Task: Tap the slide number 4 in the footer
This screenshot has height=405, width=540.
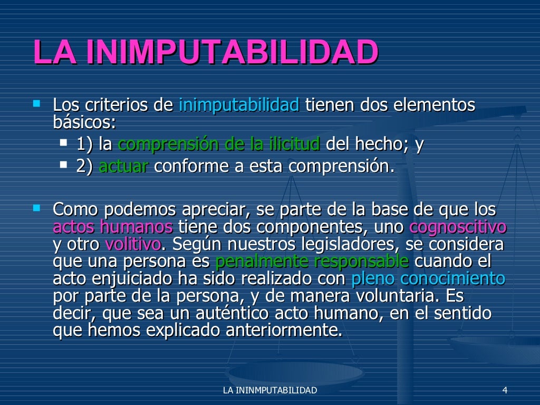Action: pos(505,390)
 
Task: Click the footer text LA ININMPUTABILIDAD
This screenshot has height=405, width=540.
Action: pos(270,390)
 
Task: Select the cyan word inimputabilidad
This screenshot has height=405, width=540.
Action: pos(239,105)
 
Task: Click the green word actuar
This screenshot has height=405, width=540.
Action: pos(123,166)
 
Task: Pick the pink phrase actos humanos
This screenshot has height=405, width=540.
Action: pos(113,227)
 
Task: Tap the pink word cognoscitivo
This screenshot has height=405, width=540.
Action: pos(458,227)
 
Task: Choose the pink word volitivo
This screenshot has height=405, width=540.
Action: pos(133,245)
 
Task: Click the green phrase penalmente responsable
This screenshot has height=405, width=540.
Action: pos(312,262)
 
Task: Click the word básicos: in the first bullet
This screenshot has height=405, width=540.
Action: pos(84,122)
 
